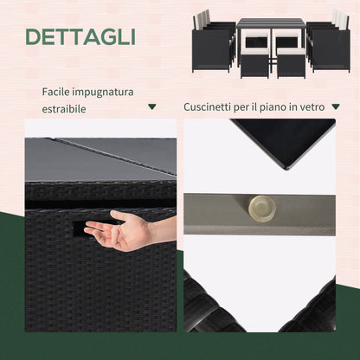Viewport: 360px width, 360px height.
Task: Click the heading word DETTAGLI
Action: (x=80, y=37)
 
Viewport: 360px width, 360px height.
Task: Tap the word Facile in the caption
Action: (x=55, y=92)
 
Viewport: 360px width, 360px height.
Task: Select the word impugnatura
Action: (x=103, y=93)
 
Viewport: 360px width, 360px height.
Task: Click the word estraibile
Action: (x=64, y=109)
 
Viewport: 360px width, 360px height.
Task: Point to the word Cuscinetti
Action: (x=208, y=107)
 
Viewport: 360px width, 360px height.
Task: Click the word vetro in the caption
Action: (x=312, y=107)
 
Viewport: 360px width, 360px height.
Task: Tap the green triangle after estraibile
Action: (x=152, y=106)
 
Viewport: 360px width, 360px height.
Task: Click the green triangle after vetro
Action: (x=336, y=106)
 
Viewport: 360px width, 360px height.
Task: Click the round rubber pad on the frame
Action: (x=261, y=209)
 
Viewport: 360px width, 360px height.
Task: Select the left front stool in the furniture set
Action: (x=255, y=63)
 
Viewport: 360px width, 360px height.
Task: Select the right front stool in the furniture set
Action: (x=291, y=63)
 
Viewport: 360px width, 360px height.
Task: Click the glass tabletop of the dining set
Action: (x=271, y=22)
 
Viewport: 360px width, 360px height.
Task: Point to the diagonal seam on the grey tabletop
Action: (x=115, y=156)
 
